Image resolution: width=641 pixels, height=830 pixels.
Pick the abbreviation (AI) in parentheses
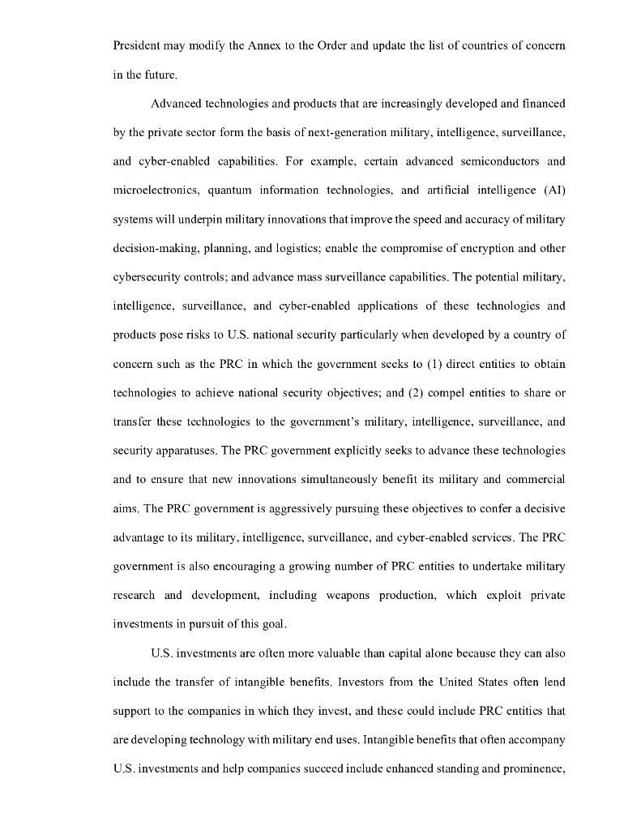click(x=550, y=190)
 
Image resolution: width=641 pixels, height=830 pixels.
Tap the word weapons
click(x=349, y=594)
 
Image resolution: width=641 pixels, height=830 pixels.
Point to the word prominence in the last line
click(x=527, y=767)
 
